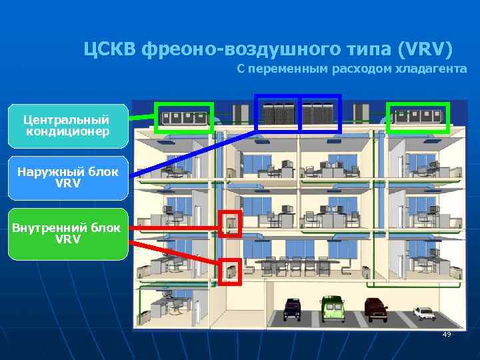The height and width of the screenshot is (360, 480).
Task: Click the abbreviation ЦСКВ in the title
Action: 110,49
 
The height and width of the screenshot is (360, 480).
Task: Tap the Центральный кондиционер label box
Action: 67,125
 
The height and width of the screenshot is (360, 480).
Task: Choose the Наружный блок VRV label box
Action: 67,177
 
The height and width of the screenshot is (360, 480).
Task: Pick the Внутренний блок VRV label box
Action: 67,233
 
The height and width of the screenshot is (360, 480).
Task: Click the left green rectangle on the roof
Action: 184,117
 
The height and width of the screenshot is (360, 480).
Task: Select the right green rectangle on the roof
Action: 419,117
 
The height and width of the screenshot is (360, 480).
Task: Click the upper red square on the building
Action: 230,223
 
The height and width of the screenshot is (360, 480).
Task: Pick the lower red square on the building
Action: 231,271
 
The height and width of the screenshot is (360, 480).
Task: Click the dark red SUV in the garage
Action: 376,309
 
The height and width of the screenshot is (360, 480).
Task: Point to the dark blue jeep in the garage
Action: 291,308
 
